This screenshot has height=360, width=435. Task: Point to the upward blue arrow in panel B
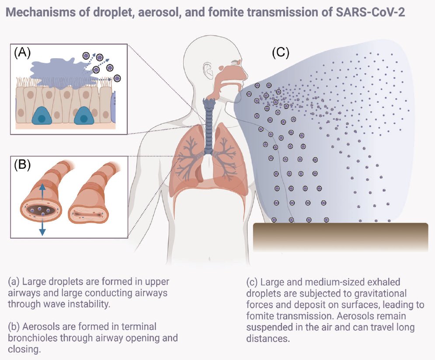(42, 191)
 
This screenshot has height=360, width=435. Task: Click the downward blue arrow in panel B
(42, 227)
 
